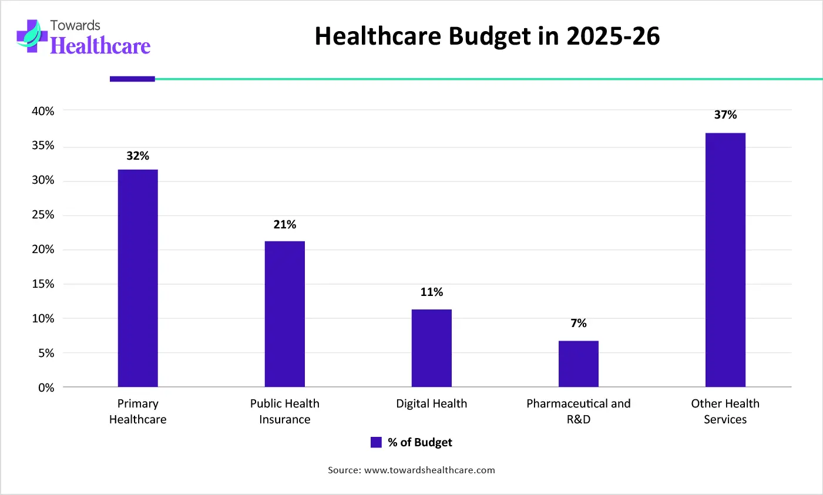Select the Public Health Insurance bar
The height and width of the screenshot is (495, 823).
click(284, 314)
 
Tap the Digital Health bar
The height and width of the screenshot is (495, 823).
click(431, 348)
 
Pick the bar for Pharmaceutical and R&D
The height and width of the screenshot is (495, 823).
click(578, 363)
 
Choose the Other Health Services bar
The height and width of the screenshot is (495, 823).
click(725, 260)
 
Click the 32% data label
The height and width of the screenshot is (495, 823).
click(137, 156)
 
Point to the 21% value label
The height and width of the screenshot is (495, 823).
click(284, 224)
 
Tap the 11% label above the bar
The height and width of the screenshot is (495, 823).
click(431, 292)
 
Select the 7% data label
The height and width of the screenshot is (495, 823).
click(578, 323)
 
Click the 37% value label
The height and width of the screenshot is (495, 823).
click(725, 115)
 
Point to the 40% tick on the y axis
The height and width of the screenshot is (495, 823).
click(43, 111)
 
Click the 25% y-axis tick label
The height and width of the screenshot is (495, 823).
click(43, 215)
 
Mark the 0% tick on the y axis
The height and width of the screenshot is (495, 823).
click(46, 388)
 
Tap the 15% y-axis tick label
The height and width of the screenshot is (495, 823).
click(43, 284)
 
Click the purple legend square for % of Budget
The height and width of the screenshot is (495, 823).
click(376, 442)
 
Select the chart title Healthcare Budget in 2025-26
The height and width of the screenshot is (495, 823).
click(487, 36)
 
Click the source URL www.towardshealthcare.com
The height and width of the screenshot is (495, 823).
click(429, 470)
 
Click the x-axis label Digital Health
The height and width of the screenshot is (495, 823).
click(431, 403)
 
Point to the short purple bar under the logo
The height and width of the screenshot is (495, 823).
click(132, 79)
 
